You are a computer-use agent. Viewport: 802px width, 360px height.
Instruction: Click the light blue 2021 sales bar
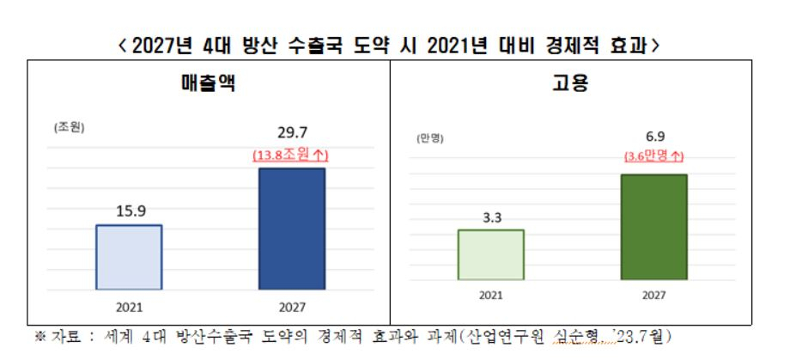(129, 257)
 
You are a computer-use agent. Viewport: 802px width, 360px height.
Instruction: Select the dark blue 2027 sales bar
(292, 229)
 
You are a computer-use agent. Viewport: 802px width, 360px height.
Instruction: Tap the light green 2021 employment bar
(491, 254)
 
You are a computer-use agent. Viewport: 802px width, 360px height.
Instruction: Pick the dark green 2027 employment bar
(654, 227)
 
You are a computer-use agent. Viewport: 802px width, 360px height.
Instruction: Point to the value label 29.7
(292, 133)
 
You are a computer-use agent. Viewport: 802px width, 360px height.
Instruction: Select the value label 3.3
(491, 217)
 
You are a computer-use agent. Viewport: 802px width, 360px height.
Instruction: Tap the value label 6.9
(654, 137)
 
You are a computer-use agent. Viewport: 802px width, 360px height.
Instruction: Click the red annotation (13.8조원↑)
(290, 156)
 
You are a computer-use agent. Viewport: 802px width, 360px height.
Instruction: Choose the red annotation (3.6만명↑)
(654, 156)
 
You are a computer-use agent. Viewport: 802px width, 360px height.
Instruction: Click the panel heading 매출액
(209, 83)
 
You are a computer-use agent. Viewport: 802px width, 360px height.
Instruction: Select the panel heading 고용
(570, 83)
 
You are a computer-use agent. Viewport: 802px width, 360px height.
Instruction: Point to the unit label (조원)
(69, 128)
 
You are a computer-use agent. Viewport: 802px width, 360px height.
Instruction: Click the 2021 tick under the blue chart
(129, 308)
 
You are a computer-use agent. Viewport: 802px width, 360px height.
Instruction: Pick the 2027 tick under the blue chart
(292, 308)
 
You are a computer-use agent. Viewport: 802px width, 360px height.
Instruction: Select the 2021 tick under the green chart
(491, 296)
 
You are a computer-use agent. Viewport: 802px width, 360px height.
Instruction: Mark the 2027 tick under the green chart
(654, 296)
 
